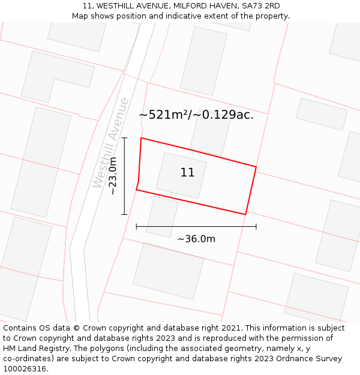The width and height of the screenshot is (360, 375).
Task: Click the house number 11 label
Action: coord(187,173)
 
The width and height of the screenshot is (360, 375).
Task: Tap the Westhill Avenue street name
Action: coord(111,143)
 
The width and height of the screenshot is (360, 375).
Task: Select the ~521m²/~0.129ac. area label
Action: coord(196,115)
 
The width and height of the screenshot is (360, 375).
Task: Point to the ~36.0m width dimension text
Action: coord(196,239)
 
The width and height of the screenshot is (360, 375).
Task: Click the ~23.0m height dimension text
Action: coord(113,176)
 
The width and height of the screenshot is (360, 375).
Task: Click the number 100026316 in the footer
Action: coord(25,369)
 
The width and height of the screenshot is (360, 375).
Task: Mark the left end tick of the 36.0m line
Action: coord(136,226)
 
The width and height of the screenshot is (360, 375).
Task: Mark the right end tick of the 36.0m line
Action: coord(256,226)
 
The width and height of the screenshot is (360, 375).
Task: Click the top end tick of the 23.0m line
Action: coord(124,137)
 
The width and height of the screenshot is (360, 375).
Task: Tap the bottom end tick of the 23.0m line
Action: coord(124,214)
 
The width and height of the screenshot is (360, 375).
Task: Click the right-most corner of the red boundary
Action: coord(256,167)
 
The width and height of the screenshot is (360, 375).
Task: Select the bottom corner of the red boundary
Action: coord(245,214)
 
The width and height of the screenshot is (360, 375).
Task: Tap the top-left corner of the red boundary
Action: coord(141,138)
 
